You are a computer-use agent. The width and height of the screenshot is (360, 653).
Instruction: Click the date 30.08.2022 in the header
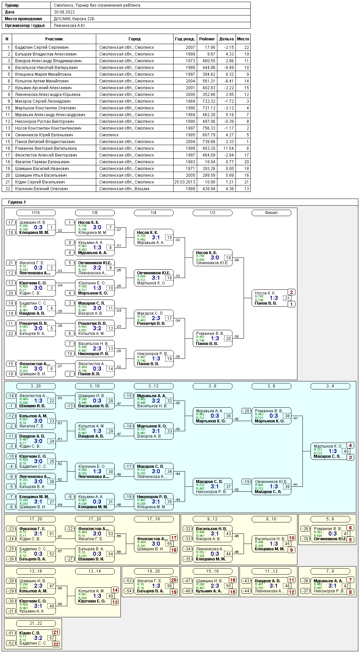(x=64, y=12)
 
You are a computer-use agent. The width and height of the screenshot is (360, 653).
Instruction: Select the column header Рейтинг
(x=207, y=39)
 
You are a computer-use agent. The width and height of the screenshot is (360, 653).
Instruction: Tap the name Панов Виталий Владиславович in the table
(x=45, y=142)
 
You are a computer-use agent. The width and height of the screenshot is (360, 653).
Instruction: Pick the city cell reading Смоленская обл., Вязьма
(x=124, y=189)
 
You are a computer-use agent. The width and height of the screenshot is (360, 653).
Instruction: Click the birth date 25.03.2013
(x=185, y=182)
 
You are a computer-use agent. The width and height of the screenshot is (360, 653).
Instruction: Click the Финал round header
(x=271, y=213)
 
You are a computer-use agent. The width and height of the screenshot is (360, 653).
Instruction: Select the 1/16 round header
(x=36, y=213)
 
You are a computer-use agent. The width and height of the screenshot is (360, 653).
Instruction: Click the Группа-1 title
(x=17, y=202)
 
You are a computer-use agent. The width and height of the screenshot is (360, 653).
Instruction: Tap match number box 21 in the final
(x=287, y=298)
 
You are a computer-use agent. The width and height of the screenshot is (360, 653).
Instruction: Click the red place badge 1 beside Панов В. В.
(x=291, y=304)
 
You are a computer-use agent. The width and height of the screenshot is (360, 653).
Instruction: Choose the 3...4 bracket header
(x=330, y=386)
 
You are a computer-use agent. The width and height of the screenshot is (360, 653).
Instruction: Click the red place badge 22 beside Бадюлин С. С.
(x=56, y=644)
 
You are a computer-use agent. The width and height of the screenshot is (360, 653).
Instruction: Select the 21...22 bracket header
(x=36, y=623)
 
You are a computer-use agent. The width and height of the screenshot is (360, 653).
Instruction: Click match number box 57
(x=51, y=638)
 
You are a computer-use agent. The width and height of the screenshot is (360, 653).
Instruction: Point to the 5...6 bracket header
(x=330, y=519)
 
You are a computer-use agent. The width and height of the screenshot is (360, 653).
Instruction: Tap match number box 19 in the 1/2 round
(x=228, y=258)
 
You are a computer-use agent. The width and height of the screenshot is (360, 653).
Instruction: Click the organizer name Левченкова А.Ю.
(x=70, y=26)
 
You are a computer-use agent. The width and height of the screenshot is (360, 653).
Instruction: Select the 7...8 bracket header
(x=330, y=571)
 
